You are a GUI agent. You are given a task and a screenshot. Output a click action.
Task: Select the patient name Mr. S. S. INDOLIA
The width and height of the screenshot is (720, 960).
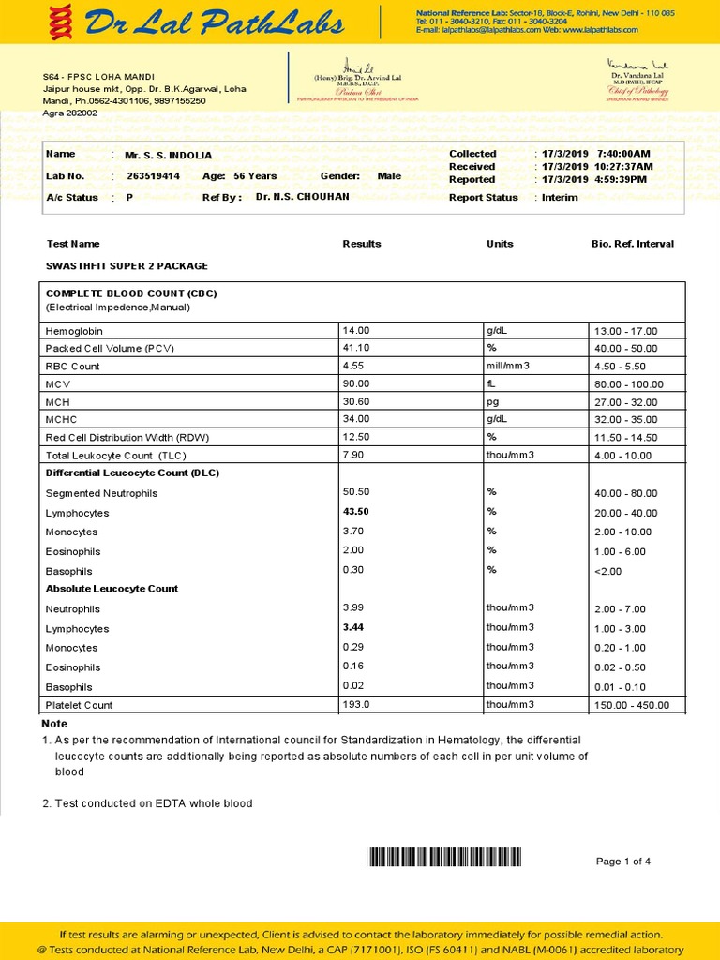pos(169,155)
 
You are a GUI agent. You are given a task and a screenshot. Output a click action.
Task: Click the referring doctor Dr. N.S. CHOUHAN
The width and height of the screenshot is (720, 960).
pos(302,197)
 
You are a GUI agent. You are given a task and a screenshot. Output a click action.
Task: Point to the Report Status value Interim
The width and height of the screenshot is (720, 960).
pos(560,197)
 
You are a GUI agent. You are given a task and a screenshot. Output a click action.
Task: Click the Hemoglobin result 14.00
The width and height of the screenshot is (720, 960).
pos(356,330)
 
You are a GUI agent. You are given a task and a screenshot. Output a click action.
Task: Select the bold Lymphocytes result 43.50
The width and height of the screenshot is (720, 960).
pos(356,512)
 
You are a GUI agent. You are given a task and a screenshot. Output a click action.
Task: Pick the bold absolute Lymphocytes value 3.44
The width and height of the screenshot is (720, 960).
pos(353,627)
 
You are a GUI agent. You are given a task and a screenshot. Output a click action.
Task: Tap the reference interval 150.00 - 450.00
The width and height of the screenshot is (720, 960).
pos(632,705)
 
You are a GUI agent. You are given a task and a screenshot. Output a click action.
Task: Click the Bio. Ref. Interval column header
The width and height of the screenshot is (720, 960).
pos(632,244)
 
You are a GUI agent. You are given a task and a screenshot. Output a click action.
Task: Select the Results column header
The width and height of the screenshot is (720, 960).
pos(362,244)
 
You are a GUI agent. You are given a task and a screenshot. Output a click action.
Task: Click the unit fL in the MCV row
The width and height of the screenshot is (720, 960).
pos(490,383)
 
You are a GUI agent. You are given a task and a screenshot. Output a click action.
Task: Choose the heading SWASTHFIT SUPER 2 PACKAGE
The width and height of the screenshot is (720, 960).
pos(127,266)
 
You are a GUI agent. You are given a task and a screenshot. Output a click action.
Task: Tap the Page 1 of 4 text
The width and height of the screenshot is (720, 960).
pos(623,862)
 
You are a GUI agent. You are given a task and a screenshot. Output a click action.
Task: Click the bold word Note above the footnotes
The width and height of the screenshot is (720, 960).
pos(54,724)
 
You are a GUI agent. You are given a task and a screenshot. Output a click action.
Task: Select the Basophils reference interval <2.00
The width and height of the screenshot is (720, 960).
pos(607,571)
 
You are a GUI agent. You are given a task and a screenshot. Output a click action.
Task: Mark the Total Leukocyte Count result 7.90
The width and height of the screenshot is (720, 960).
pos(353,455)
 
